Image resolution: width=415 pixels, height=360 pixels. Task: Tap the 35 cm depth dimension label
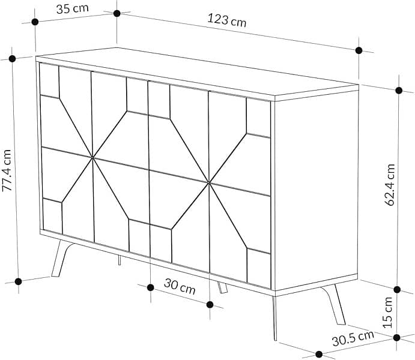point(68,10)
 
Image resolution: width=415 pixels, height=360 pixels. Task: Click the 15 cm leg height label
point(389,312)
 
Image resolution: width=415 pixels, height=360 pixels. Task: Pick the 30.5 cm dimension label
point(353,339)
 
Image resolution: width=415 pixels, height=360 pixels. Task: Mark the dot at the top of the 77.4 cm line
point(12,58)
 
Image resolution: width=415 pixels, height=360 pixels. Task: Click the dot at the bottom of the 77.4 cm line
point(19,281)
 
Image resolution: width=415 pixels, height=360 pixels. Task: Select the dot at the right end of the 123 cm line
point(359,50)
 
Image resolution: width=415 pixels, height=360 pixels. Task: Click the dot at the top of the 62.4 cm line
point(399,91)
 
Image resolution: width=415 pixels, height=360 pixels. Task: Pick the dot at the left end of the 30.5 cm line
point(319,353)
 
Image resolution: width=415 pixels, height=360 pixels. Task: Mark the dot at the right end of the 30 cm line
point(210,304)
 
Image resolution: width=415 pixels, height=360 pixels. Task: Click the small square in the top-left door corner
point(49,80)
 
